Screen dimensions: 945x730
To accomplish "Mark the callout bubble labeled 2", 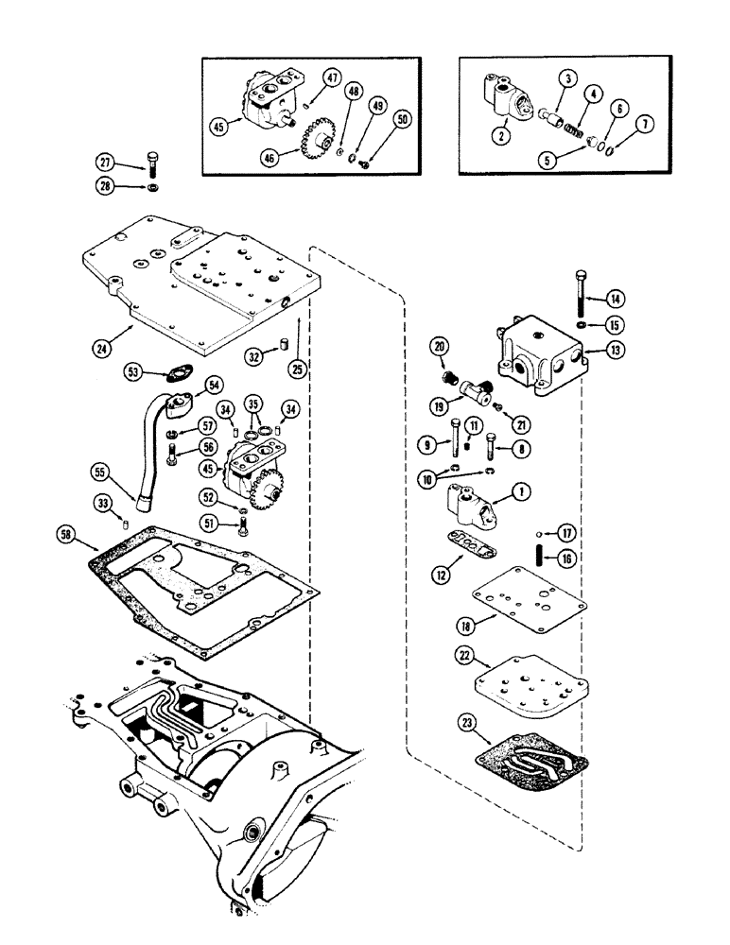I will tap(501, 135).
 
